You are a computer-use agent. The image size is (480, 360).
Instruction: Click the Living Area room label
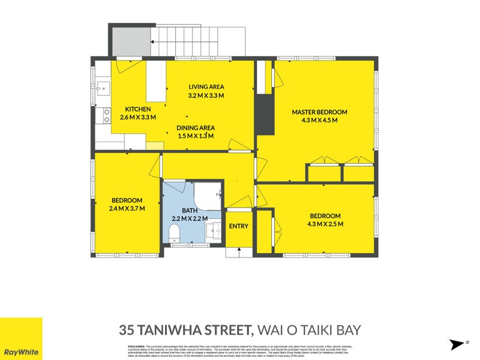(x=206, y=86)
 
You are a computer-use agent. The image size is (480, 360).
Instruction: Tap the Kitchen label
(x=137, y=109)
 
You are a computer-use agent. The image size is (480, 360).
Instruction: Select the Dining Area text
(x=196, y=127)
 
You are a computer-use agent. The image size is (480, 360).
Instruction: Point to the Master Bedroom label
(x=319, y=112)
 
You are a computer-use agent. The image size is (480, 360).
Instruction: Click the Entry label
(x=238, y=226)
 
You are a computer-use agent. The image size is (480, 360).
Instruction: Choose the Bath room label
(x=191, y=211)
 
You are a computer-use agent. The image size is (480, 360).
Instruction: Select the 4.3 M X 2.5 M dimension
(x=325, y=224)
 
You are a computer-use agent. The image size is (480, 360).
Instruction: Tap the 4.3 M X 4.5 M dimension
(x=319, y=120)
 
